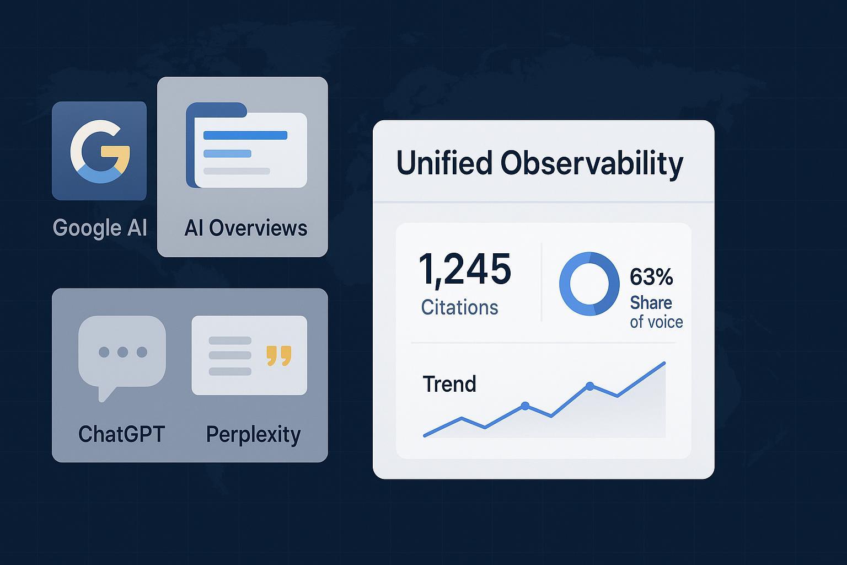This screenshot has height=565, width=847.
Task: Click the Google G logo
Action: click(x=100, y=150)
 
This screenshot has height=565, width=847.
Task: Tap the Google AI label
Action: click(x=100, y=227)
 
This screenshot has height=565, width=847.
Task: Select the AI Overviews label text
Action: click(x=245, y=227)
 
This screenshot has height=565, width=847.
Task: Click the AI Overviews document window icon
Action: click(x=246, y=146)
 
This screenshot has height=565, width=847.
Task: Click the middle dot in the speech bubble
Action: click(x=122, y=351)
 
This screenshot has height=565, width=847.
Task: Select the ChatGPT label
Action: click(x=122, y=434)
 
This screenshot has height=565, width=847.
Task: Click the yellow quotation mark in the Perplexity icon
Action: click(x=278, y=356)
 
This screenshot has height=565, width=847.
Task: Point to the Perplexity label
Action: click(x=253, y=435)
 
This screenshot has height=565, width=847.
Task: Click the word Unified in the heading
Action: click(x=444, y=163)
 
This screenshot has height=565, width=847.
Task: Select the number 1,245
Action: click(x=465, y=269)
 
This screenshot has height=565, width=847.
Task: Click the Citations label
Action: click(x=459, y=307)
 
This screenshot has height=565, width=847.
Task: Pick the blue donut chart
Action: click(x=589, y=284)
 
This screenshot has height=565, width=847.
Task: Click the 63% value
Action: click(x=651, y=277)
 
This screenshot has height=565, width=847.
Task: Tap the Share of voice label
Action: click(x=656, y=312)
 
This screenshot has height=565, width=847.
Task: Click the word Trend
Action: click(x=449, y=384)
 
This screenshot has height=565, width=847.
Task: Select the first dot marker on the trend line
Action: click(x=525, y=406)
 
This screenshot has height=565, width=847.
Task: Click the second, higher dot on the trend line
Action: click(x=590, y=386)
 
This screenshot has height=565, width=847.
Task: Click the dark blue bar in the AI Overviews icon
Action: click(x=245, y=135)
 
